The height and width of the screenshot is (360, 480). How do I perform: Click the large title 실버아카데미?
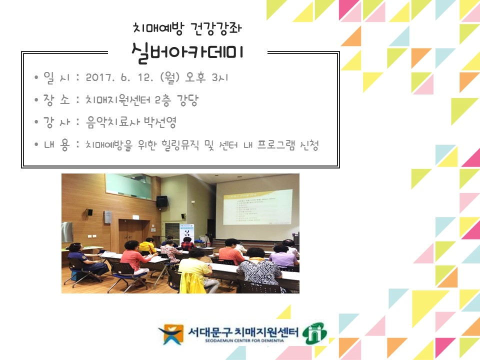point(187,52)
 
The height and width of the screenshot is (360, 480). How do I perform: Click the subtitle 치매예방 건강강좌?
point(188,27)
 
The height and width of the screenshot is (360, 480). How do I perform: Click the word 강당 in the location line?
point(187,100)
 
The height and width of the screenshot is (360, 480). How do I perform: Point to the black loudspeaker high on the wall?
point(161,201)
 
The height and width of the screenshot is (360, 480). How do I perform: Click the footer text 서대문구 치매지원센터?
point(243,331)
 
